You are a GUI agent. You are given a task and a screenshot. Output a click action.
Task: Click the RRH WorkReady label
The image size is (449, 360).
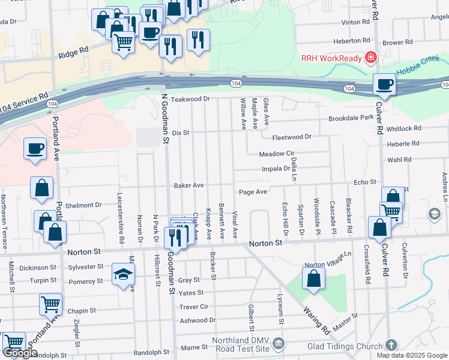pos(331,58)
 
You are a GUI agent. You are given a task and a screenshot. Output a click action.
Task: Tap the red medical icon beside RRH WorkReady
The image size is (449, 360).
pos(371,58)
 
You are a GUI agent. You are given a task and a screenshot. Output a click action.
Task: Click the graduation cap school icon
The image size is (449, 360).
pos(123,274)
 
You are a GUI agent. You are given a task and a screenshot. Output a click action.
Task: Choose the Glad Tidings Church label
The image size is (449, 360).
pos(343,346)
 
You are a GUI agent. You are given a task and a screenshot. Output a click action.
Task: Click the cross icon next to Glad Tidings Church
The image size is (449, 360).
pos(391,345)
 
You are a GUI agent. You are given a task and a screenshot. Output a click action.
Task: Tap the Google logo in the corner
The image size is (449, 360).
pos(20,353)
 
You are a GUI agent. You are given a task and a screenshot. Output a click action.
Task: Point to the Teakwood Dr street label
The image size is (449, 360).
pos(191,99)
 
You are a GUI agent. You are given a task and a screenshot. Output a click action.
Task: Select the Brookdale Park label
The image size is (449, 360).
pos(351,119)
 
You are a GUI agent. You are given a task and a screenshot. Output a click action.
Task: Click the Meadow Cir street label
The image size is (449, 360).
pos(277,154)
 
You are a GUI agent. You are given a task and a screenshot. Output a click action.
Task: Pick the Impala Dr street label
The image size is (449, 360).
pos(276,169)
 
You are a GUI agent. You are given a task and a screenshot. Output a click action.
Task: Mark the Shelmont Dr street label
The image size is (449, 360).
pos(83,205)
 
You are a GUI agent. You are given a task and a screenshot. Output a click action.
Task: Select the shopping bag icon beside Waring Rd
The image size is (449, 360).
pos(313,278)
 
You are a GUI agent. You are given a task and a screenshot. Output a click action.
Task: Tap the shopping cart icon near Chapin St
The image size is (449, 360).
pos(50,304)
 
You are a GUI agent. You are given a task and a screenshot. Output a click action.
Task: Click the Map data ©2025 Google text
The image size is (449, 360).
pos(411,355)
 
